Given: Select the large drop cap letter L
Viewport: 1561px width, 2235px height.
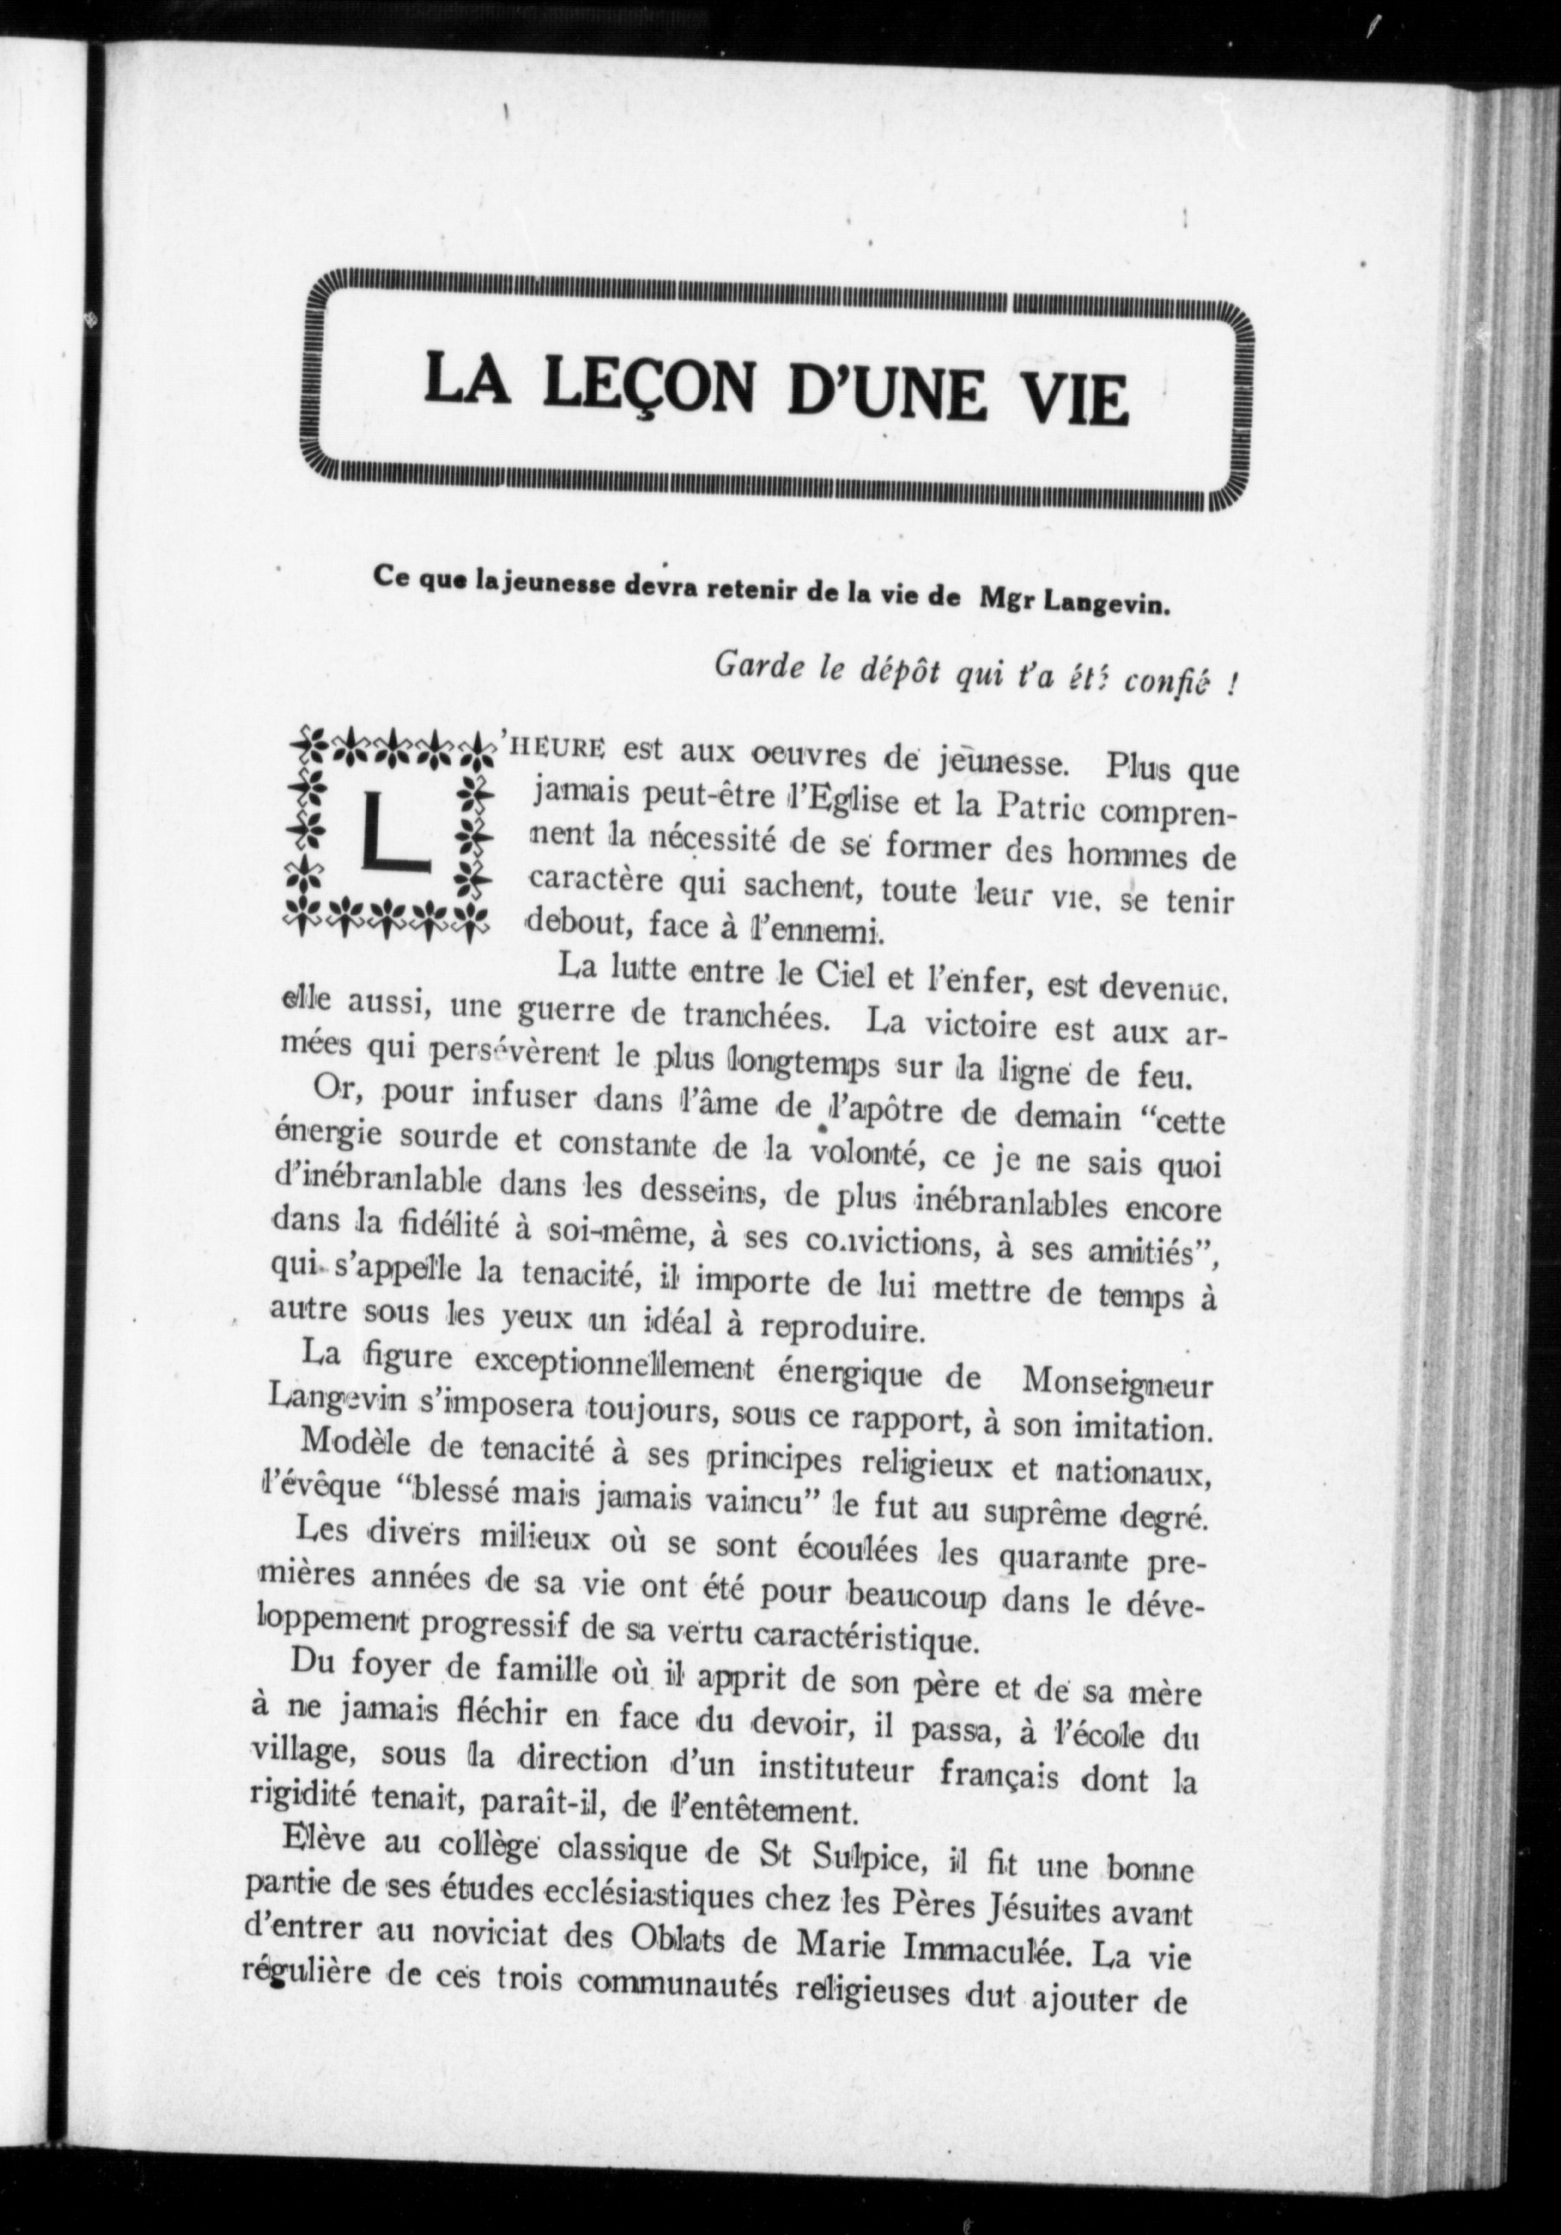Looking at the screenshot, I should click(x=393, y=832).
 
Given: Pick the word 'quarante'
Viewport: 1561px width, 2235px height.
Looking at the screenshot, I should click(x=1058, y=1563).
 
